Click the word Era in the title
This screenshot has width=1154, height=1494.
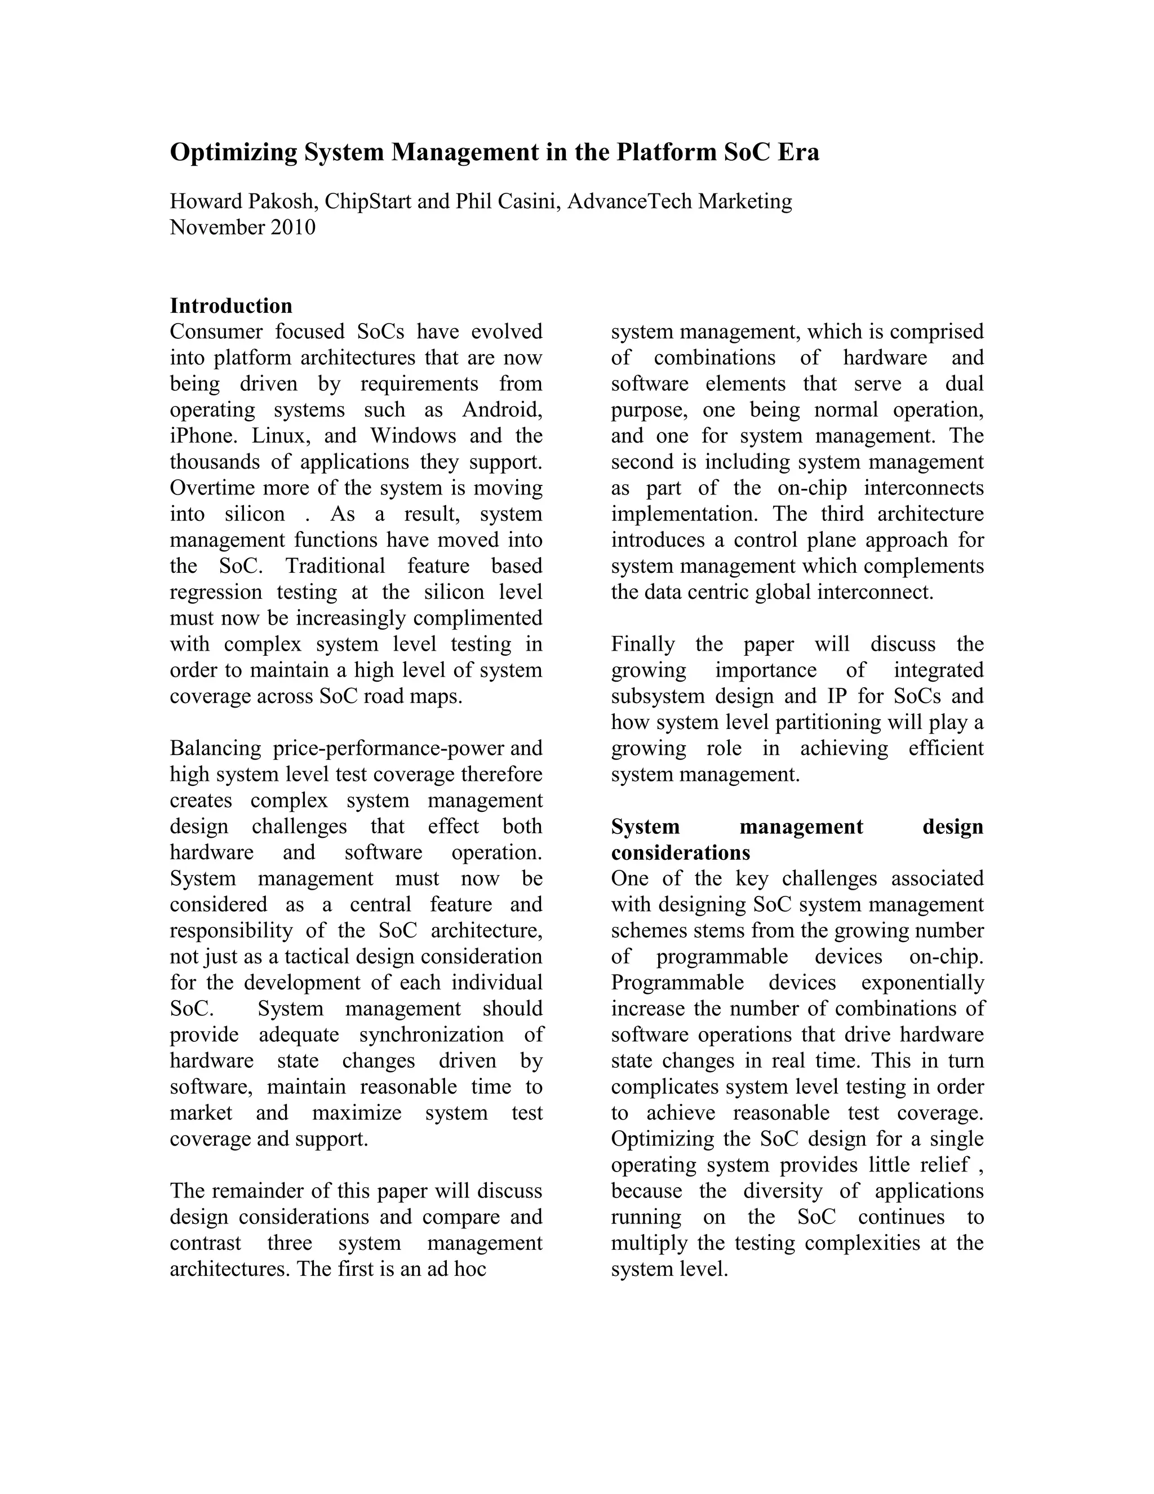pyautogui.click(x=797, y=152)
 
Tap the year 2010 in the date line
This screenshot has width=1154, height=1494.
pyautogui.click(x=292, y=227)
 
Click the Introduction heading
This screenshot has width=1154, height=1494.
pyautogui.click(x=231, y=306)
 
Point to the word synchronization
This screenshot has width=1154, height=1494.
pyautogui.click(x=432, y=1035)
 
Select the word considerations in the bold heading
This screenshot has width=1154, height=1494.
pyautogui.click(x=680, y=853)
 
